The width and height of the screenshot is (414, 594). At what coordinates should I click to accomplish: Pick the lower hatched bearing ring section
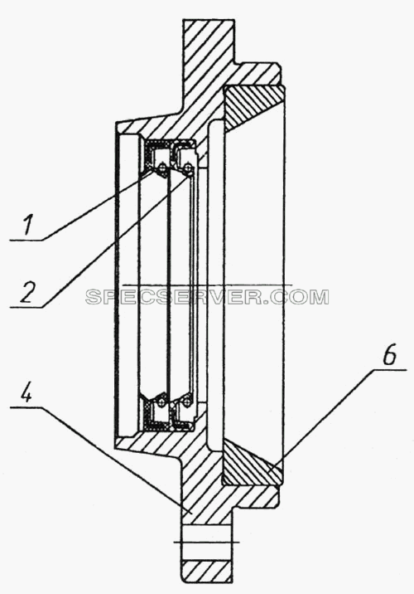[252, 463]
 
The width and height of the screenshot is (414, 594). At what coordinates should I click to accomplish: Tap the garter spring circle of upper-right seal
[187, 166]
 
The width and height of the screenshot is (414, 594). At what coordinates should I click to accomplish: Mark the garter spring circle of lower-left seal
[161, 402]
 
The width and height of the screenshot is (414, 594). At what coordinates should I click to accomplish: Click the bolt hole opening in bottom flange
[206, 542]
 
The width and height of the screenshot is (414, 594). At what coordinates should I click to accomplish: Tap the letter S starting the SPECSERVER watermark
[94, 297]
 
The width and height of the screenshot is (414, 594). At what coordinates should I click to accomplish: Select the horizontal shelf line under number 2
[26, 307]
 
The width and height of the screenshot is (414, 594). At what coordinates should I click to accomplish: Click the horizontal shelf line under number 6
[390, 369]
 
